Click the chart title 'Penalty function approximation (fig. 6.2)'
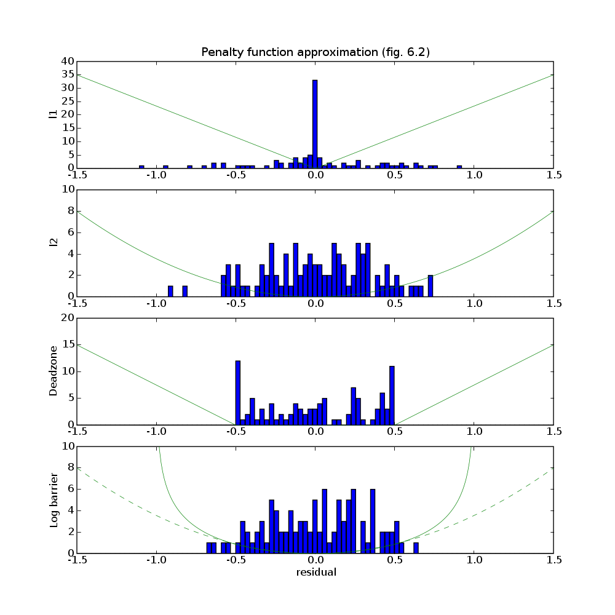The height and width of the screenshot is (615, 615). click(x=315, y=52)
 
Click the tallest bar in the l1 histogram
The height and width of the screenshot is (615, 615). click(x=315, y=123)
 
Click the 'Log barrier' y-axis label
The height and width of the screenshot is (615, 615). click(x=54, y=500)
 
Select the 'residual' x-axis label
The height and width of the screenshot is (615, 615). click(x=315, y=572)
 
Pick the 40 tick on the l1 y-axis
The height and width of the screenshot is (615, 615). click(x=67, y=61)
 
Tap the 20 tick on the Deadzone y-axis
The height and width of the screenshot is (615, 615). click(x=67, y=318)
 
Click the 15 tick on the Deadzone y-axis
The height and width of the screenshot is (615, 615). click(x=67, y=345)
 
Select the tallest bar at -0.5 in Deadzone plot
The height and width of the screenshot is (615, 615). click(x=238, y=392)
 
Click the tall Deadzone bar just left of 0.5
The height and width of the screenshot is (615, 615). click(x=392, y=395)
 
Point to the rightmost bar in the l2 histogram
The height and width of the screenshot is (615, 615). click(x=430, y=285)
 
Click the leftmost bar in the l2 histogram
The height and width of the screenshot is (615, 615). click(x=170, y=291)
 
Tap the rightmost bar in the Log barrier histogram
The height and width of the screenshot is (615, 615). click(x=416, y=547)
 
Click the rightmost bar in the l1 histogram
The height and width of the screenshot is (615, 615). click(x=459, y=167)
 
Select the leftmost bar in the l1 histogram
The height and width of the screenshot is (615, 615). click(x=141, y=167)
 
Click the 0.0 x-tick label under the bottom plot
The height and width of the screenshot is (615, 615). click(x=315, y=560)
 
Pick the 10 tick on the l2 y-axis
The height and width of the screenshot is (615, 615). click(x=67, y=190)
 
